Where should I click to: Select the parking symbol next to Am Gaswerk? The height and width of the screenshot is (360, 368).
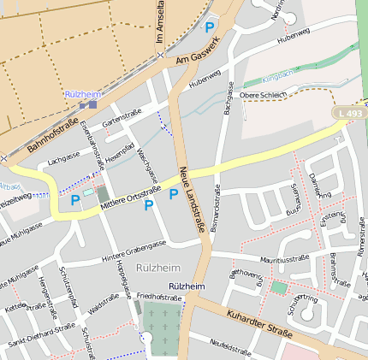point(211,27)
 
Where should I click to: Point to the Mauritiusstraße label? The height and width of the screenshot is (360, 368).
point(283,257)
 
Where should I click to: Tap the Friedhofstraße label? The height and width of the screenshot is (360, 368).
point(158,297)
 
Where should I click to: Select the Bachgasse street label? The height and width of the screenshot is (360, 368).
point(229,98)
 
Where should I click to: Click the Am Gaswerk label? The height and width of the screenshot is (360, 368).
point(198,52)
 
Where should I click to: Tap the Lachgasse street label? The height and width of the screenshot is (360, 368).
point(64,159)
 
